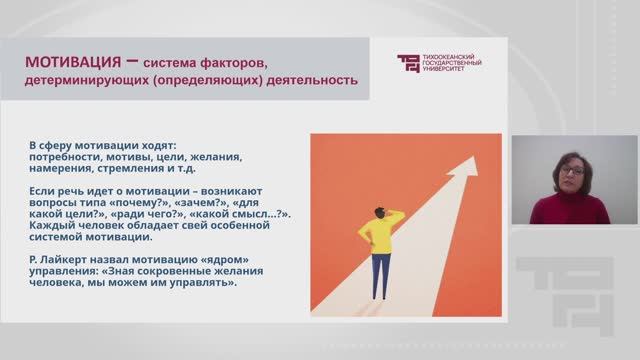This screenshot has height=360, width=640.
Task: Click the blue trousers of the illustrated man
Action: tap(381, 276)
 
